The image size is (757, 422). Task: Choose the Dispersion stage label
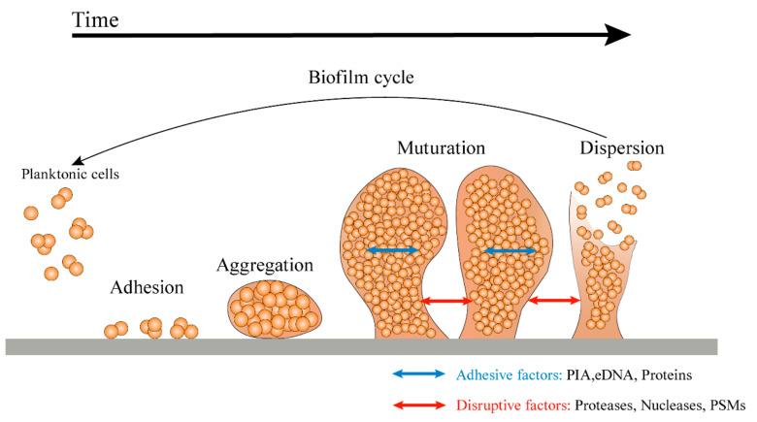621,149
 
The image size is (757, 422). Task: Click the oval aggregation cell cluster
275,308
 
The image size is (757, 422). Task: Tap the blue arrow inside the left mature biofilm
393,251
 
